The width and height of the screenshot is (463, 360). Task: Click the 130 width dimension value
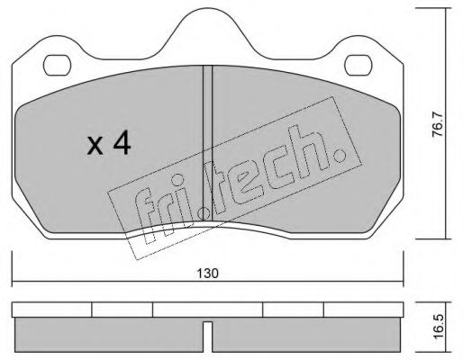tap(207, 274)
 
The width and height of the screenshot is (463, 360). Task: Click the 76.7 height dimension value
tap(438, 124)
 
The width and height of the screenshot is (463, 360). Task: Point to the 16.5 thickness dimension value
tap(439, 327)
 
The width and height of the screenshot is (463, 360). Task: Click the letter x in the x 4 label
tap(95, 147)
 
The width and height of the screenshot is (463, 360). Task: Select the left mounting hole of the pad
tap(57, 65)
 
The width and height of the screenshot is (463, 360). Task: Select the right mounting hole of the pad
tap(359, 65)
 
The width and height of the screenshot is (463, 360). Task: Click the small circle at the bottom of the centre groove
tap(204, 213)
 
